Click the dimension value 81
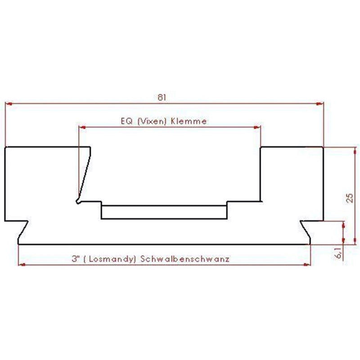[x=164, y=97]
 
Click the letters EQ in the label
[x=126, y=121]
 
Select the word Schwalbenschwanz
[x=185, y=259]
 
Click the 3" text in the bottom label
[x=75, y=259]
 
